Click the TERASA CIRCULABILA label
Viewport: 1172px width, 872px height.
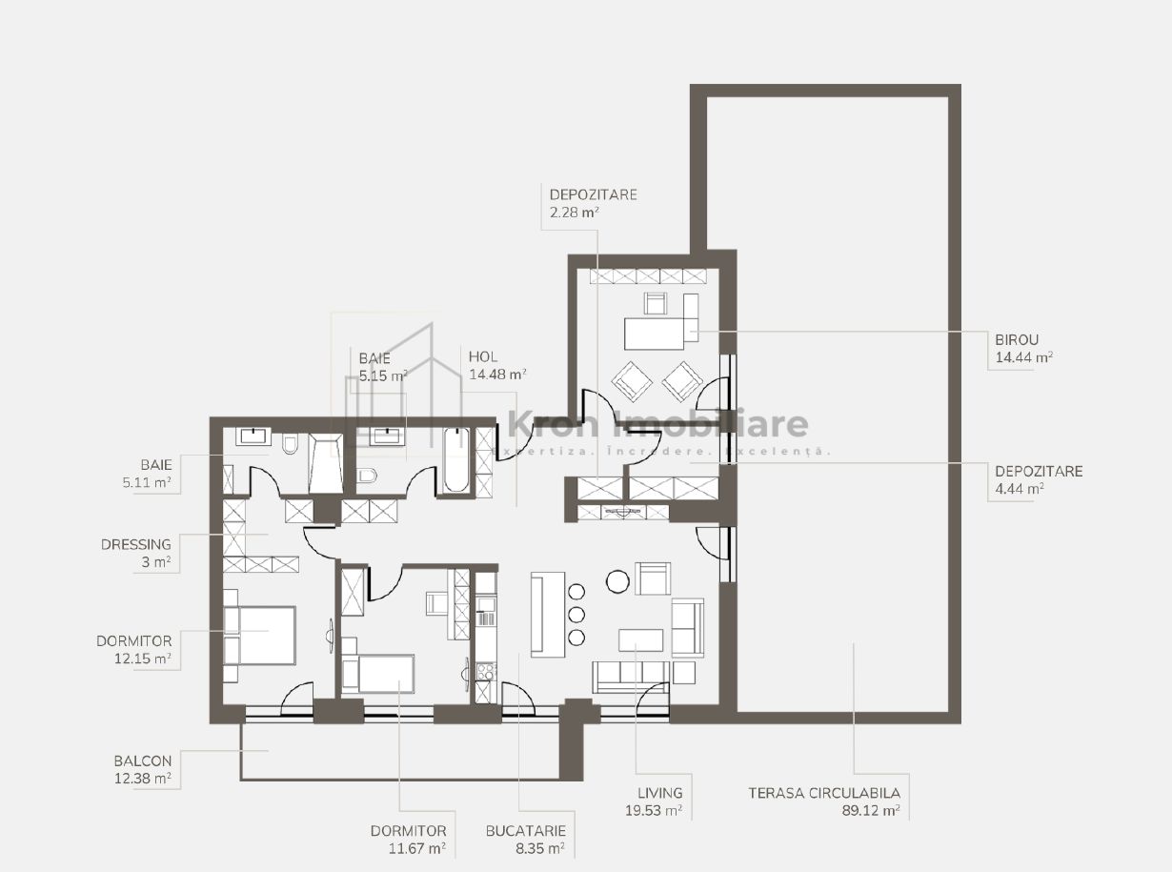(824, 793)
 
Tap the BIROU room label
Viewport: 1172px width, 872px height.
(1017, 339)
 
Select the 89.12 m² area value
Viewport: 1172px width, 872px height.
(871, 811)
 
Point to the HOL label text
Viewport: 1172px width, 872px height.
(483, 356)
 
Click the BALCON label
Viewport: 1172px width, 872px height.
(143, 761)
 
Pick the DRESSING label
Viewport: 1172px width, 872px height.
(136, 544)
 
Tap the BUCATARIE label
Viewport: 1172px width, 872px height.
(526, 831)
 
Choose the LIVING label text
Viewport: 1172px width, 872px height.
(660, 793)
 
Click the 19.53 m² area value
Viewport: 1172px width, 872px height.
(654, 811)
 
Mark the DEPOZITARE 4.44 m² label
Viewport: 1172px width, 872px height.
(1039, 479)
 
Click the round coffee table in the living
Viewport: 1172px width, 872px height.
(617, 582)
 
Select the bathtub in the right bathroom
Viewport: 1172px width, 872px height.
(455, 459)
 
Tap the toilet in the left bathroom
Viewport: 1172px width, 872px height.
(290, 444)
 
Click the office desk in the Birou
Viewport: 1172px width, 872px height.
(655, 334)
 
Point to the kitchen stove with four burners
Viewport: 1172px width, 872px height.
(485, 672)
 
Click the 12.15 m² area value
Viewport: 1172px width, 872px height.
(143, 659)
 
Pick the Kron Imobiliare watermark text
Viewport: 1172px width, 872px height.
(657, 424)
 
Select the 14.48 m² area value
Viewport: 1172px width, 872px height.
(497, 375)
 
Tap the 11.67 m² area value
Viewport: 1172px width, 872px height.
(417, 849)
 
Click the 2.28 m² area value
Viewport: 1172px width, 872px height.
(574, 213)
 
